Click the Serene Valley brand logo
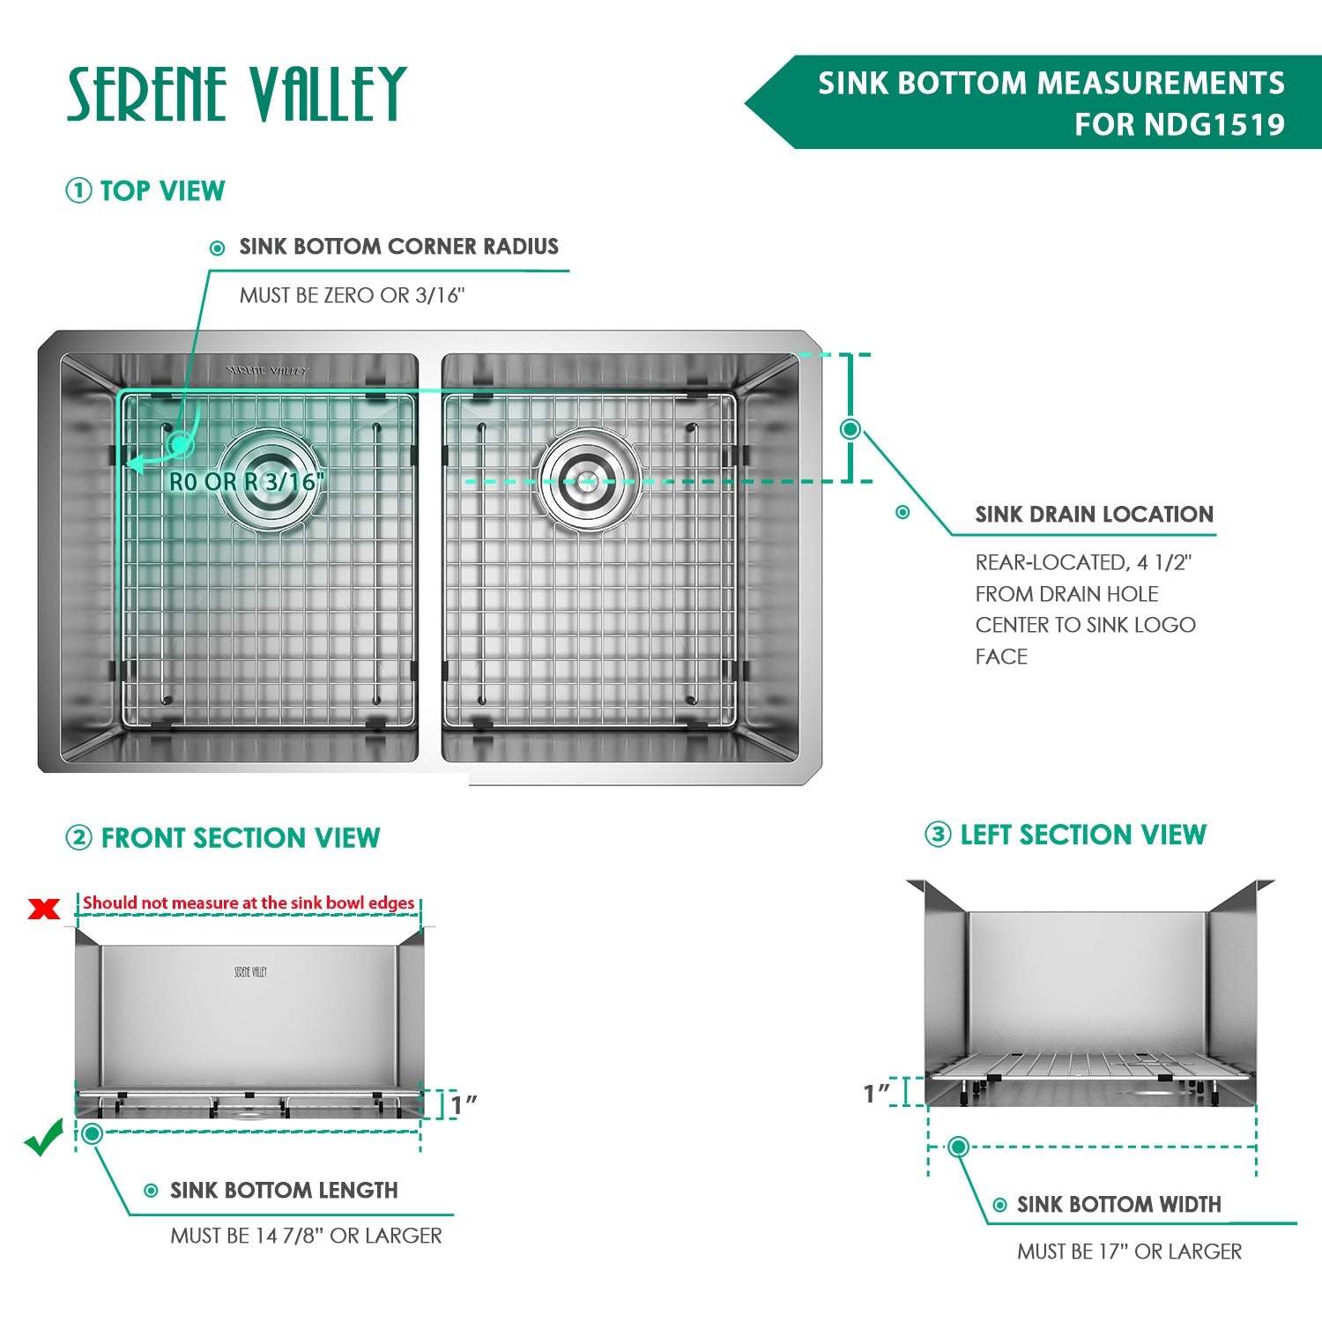tap(236, 94)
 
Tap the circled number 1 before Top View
tap(78, 190)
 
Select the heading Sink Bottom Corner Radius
tap(398, 247)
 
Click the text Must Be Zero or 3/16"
tap(352, 295)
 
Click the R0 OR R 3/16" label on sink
tap(247, 482)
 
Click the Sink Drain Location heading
tap(1094, 515)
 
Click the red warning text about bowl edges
tap(249, 902)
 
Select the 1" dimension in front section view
tap(464, 1104)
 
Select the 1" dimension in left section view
tap(877, 1094)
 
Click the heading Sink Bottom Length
tap(284, 1191)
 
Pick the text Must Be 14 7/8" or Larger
tap(306, 1236)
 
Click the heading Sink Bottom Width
tap(1118, 1205)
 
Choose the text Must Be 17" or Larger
tap(1129, 1251)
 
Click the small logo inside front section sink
tap(250, 972)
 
